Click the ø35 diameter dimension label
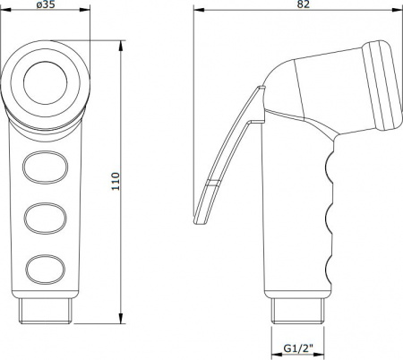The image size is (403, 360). point(46,4)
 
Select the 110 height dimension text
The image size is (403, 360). point(116,182)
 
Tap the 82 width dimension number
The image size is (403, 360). point(304,4)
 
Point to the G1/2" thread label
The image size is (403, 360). point(298,347)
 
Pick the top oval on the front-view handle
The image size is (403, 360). point(45,167)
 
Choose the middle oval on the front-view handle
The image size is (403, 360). point(45,219)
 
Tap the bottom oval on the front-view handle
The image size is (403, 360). point(45,270)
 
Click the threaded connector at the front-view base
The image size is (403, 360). point(46,311)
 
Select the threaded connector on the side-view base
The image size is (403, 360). point(298,311)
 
